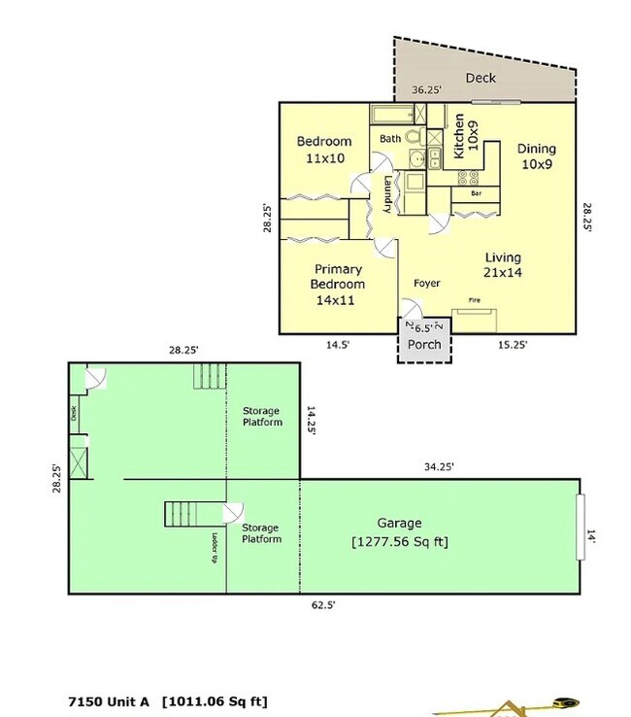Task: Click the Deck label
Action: (x=481, y=78)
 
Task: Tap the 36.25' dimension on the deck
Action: (x=426, y=90)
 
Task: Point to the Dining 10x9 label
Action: (x=536, y=155)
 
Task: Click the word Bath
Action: (x=390, y=139)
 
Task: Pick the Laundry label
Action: (x=387, y=193)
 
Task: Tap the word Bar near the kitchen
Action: (x=476, y=193)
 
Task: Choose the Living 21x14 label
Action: (x=503, y=265)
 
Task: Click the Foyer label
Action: (x=427, y=284)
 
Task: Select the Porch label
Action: (x=424, y=344)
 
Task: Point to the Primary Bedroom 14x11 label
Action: (x=338, y=284)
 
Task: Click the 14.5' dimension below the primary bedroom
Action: (x=338, y=344)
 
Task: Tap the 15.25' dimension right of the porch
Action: (x=513, y=344)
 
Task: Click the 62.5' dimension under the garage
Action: (x=323, y=603)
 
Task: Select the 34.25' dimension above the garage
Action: (x=438, y=467)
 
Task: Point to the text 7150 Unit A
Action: (x=110, y=700)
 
